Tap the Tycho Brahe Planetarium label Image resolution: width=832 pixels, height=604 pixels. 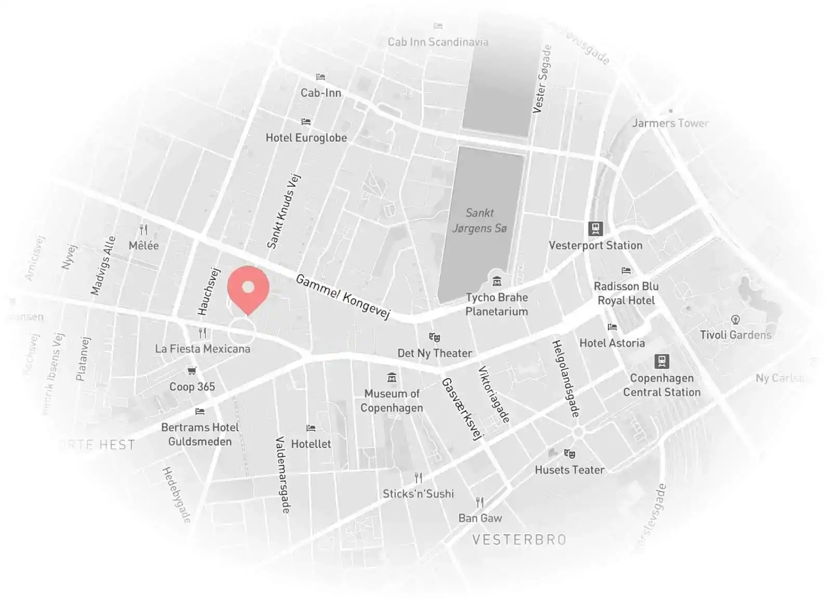[x=496, y=304]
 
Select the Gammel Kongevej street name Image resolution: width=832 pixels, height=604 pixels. [x=343, y=296]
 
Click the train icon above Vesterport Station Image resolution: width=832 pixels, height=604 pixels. [x=595, y=228]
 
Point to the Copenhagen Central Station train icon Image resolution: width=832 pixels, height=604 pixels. [x=661, y=361]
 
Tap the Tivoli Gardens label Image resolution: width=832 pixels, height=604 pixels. [x=735, y=335]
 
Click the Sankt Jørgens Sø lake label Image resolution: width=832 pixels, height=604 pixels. [x=479, y=221]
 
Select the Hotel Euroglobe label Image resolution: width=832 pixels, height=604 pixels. [x=306, y=138]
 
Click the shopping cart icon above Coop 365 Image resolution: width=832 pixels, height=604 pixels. [x=192, y=371]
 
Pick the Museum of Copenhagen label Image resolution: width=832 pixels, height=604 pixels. [x=392, y=401]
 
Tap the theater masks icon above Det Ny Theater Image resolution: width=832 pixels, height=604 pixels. [x=434, y=338]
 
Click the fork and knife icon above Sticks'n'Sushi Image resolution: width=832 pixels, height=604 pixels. [x=418, y=478]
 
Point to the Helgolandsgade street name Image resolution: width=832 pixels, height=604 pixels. [x=565, y=378]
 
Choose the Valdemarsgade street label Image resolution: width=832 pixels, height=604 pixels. [x=282, y=474]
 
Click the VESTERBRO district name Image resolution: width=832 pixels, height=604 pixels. [x=519, y=539]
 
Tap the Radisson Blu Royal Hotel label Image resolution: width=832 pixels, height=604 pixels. [x=626, y=293]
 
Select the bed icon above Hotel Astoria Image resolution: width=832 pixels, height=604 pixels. [x=612, y=327]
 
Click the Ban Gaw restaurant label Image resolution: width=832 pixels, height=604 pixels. [x=480, y=518]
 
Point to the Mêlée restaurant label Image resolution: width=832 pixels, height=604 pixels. [x=144, y=246]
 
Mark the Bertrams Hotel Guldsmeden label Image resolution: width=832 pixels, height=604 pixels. [x=200, y=434]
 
